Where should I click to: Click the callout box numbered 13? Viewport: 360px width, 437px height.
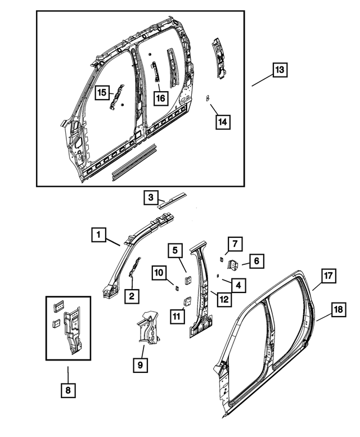point(280,70)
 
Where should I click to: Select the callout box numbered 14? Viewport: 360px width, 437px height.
point(223,121)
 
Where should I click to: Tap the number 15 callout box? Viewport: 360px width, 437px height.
point(102,92)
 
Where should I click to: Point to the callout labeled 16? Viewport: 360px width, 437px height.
point(160,98)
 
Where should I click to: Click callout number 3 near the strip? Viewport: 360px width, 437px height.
point(150,197)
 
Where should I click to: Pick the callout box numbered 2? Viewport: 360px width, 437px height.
point(132,296)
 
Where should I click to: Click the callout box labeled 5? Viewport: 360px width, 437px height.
point(175,250)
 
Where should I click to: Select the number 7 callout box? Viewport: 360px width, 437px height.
point(235,244)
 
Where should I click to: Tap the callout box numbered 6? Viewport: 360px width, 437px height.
point(256,261)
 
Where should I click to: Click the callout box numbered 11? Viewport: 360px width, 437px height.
point(177,317)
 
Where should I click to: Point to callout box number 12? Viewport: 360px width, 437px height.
point(223,299)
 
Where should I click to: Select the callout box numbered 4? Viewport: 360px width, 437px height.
point(239,286)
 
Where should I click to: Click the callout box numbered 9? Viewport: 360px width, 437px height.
point(140,366)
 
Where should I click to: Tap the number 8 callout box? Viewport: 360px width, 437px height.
point(67,390)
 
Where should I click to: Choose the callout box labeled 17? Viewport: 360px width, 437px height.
point(328,276)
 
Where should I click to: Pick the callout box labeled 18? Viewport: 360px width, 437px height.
point(337,310)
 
